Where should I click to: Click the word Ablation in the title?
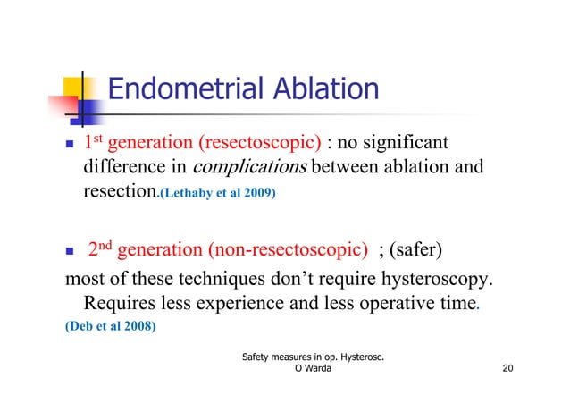(322, 89)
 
